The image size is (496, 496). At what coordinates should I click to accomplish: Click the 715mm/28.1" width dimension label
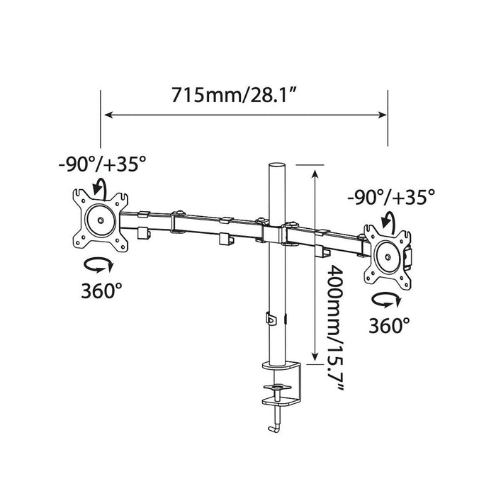coord(234,94)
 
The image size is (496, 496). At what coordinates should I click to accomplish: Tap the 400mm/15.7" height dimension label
coord(335,327)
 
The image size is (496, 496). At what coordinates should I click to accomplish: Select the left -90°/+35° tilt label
coord(103,164)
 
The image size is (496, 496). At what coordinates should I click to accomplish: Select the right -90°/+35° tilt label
coord(391,197)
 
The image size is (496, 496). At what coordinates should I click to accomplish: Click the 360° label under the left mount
coord(101,291)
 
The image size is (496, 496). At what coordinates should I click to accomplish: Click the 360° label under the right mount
coord(389,325)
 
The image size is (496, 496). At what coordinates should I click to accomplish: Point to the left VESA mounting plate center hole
coord(101,220)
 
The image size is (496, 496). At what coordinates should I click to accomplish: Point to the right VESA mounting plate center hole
coord(388,257)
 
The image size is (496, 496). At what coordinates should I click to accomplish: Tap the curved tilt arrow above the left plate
coord(101,187)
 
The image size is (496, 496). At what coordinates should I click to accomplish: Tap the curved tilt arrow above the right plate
coord(388,220)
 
